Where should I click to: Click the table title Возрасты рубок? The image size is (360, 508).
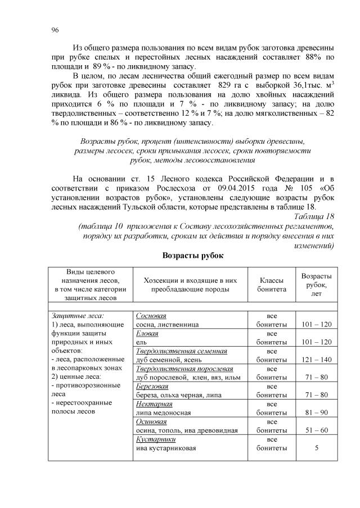193,256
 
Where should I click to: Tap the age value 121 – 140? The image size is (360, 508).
316,360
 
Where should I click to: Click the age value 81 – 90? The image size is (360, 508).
316,412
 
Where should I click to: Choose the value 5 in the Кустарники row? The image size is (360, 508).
316,448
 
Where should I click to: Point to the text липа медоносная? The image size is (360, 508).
163,412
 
